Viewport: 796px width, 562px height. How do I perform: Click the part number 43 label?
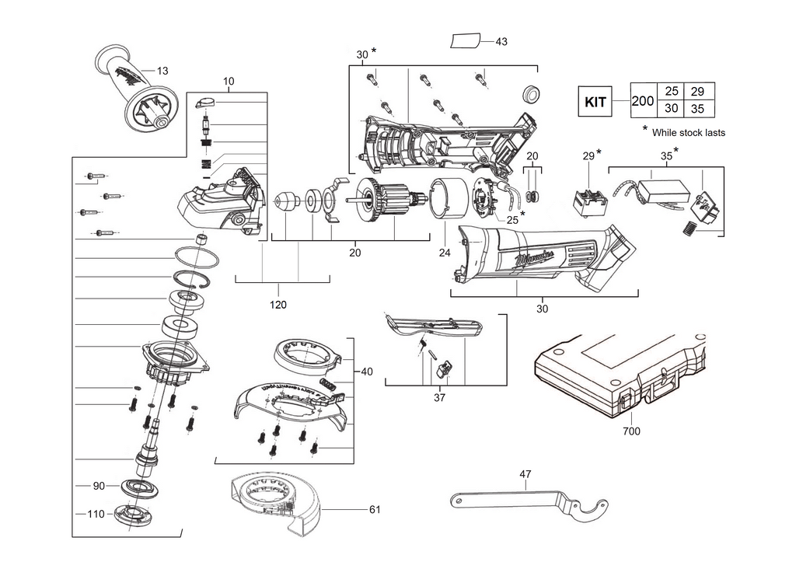[501, 41]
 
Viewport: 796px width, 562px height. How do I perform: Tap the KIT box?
[595, 101]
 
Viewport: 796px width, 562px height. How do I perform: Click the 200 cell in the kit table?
[643, 101]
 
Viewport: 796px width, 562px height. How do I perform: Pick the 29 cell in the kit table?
[697, 92]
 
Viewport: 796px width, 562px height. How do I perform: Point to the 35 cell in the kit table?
[697, 109]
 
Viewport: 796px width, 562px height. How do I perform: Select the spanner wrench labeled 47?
[529, 502]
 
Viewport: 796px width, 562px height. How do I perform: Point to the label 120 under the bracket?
[278, 305]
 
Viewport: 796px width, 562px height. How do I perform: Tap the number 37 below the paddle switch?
[440, 399]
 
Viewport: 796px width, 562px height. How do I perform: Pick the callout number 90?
[98, 486]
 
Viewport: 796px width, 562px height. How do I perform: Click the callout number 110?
[96, 515]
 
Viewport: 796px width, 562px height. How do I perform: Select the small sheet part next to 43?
[467, 40]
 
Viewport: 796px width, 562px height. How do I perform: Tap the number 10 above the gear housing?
[228, 82]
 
